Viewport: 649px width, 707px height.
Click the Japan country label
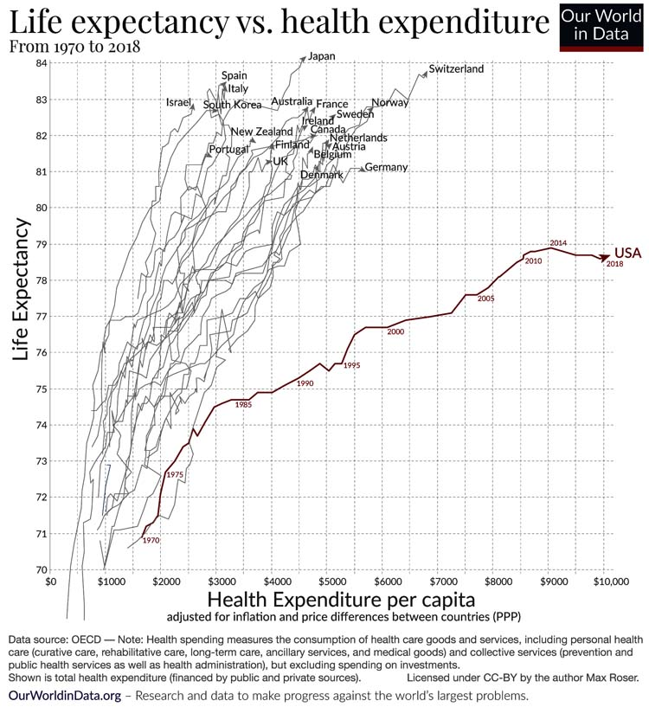321,56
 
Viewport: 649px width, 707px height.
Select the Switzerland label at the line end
456,69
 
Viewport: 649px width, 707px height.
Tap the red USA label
627,253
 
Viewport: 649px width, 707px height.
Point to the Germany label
386,167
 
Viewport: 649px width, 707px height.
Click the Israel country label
177,102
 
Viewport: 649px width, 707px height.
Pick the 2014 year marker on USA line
558,243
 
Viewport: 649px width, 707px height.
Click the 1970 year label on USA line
151,540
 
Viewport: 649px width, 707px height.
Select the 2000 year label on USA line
396,332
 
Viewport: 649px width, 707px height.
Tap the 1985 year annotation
244,405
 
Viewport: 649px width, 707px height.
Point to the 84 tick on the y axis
41,63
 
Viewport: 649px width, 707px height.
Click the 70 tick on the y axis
41,569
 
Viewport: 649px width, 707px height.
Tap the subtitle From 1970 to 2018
75,47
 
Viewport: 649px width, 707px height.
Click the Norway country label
389,103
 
